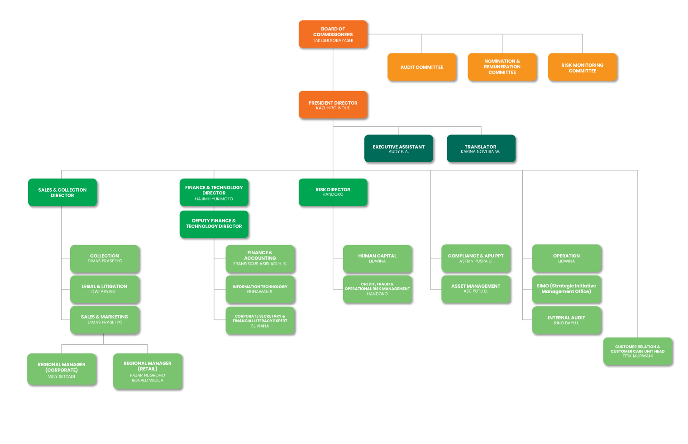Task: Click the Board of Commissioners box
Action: pyautogui.click(x=333, y=34)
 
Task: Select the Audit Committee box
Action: pyautogui.click(x=422, y=67)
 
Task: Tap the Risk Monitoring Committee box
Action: pyautogui.click(x=583, y=67)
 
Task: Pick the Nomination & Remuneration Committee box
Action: pyautogui.click(x=502, y=67)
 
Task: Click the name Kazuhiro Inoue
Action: pyautogui.click(x=333, y=108)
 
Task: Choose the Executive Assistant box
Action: pyautogui.click(x=399, y=148)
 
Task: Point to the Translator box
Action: pyautogui.click(x=481, y=148)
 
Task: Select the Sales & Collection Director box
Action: pyautogui.click(x=62, y=192)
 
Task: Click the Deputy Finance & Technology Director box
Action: pyautogui.click(x=214, y=224)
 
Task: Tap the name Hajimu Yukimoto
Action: pyautogui.click(x=214, y=199)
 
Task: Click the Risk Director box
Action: pyautogui.click(x=333, y=192)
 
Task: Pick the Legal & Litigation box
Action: pyautogui.click(x=105, y=289)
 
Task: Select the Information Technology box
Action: pyautogui.click(x=260, y=289)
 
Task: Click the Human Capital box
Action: pyautogui.click(x=377, y=259)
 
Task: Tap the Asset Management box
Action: pyautogui.click(x=476, y=289)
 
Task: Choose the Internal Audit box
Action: pyautogui.click(x=567, y=320)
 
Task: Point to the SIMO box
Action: pyautogui.click(x=567, y=289)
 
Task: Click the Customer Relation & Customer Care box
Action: pyautogui.click(x=638, y=351)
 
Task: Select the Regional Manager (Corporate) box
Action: pyautogui.click(x=62, y=369)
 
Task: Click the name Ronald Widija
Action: pyautogui.click(x=148, y=381)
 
